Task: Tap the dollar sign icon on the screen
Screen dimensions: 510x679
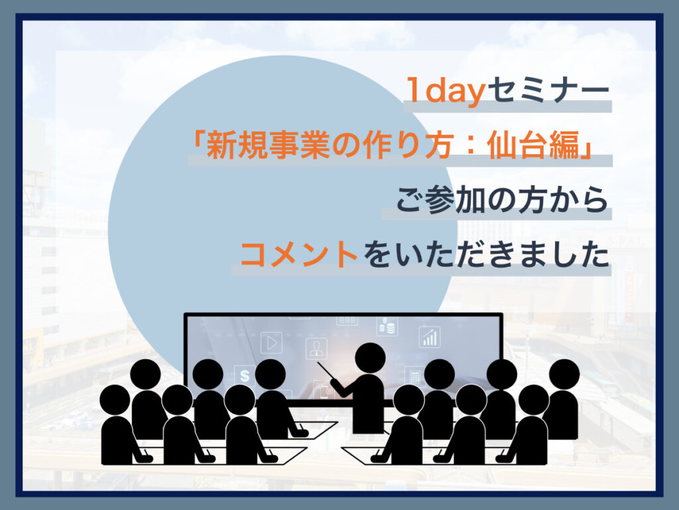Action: tap(245, 376)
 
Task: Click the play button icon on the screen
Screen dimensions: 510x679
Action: tap(271, 343)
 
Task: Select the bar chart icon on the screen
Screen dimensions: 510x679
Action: tap(430, 337)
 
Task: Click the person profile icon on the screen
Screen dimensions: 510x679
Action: tap(316, 348)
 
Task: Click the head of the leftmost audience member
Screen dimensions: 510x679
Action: tap(115, 400)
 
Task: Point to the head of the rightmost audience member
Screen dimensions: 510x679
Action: tap(564, 374)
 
